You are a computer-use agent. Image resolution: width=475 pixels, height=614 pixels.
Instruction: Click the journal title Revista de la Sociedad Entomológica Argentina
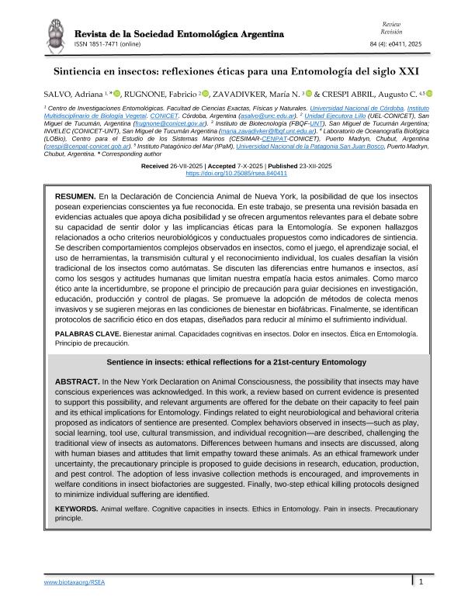coord(179,34)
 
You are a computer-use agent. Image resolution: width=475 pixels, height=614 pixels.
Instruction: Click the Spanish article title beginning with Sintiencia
coord(237,70)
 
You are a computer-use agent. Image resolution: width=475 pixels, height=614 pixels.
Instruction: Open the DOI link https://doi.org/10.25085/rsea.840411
coord(237,174)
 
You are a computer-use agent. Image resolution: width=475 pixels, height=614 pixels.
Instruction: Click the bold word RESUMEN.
coord(75,198)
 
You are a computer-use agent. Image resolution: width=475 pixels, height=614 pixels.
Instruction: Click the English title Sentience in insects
coord(237,362)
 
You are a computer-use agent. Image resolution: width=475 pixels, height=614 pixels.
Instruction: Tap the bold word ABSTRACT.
coord(77,383)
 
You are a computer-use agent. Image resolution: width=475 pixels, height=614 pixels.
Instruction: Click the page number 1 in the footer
coord(420,581)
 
